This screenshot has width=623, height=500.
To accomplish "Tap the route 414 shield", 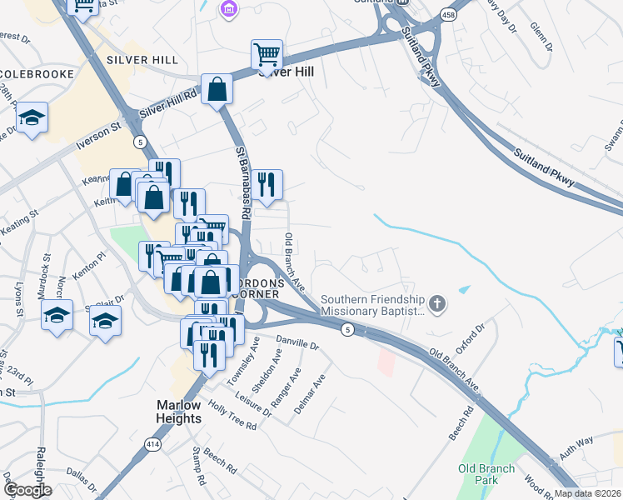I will pos(152,447).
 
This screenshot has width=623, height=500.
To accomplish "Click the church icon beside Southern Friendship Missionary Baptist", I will pos(438,304).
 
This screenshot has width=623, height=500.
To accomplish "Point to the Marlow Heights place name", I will pos(179,411).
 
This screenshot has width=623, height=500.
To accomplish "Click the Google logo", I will pos(27,490).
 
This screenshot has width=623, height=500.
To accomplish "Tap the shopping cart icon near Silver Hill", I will pos(267,54).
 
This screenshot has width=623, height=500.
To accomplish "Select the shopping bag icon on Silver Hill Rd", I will pos(217,89).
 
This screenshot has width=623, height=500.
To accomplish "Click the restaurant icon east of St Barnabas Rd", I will pos(267,184).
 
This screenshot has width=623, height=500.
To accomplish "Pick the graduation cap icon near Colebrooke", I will pos(32,117).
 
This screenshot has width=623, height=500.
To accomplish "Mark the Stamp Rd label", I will pos(197,467).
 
